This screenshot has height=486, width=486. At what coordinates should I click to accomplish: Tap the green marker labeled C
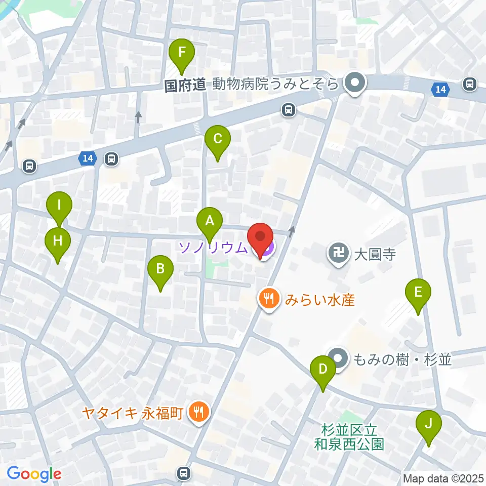tap(217, 140)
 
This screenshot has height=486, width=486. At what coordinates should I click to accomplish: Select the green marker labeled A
tap(209, 222)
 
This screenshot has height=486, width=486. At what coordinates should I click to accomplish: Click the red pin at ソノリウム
tap(260, 238)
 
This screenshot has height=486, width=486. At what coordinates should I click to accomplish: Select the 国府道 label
tap(185, 85)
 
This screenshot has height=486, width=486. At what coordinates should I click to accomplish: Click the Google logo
tap(34, 474)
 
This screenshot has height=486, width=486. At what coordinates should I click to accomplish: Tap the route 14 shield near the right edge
tap(440, 90)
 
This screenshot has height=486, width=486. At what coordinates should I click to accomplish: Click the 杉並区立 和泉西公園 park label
tap(353, 437)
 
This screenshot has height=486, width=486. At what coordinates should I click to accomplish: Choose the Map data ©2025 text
tap(442, 477)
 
